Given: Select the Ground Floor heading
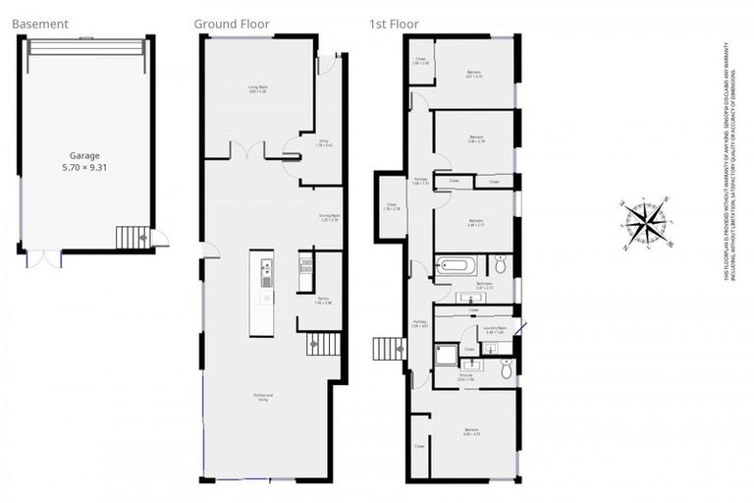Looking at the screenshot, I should pos(232,24).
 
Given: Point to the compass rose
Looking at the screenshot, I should pos(646,223).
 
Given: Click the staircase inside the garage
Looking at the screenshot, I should pos(130,238).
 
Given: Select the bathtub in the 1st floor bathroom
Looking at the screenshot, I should pos(456,265).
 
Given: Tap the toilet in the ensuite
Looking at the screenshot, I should pos(506,367).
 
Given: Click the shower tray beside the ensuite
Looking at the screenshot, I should pos(447,355).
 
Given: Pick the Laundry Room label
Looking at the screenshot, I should pos(494,330).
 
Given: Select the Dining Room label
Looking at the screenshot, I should pos(329,217).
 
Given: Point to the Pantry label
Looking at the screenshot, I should pos(323,301).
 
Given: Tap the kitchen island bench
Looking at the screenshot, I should pos(261,293).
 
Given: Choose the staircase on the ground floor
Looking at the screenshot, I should pos(324,344).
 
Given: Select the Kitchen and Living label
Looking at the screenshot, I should pos(263,398).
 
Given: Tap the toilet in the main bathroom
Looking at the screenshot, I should pos(500,263).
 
